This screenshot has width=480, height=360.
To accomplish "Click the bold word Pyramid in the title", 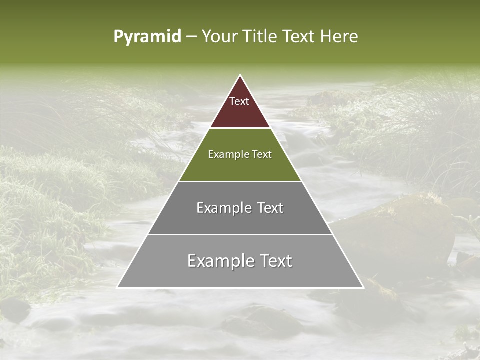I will click(x=147, y=37).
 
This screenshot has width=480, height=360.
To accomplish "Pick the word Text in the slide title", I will click(x=299, y=37).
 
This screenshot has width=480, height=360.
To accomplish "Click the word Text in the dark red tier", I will click(x=239, y=101).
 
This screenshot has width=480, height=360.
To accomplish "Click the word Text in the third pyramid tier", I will click(x=270, y=208).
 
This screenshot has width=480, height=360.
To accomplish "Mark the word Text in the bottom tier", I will click(x=276, y=261).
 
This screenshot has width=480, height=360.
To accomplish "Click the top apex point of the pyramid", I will click(x=240, y=75).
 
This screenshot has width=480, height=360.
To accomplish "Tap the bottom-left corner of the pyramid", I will click(x=117, y=287).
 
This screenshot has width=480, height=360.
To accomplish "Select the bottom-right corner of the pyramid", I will click(x=363, y=287).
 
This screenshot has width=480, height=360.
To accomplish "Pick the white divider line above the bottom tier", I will click(x=240, y=234).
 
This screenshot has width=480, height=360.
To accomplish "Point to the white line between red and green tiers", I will click(x=240, y=128).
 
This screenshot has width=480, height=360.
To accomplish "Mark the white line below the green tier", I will click(x=240, y=181).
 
